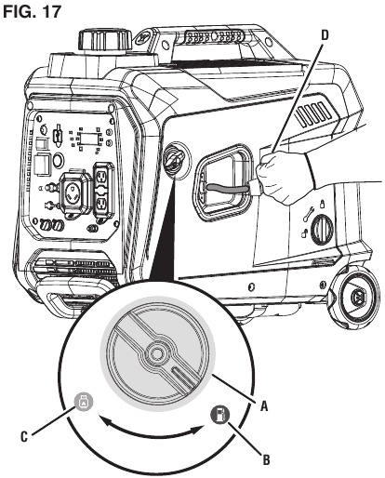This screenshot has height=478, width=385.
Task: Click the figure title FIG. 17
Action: tap(32, 11)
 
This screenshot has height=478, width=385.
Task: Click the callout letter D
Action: tap(324, 35)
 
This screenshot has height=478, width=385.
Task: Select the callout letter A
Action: tap(264, 405)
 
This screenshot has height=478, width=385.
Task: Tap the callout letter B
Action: tap(266, 459)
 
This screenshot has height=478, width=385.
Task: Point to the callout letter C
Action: tap(24, 437)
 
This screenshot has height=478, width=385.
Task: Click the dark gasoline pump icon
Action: tap(219, 414)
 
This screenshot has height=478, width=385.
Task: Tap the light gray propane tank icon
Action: tap(83, 403)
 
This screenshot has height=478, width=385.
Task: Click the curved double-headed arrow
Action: tap(152, 432)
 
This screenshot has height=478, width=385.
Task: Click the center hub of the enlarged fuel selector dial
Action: tap(156, 353)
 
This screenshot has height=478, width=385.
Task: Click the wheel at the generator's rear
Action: tap(354, 299)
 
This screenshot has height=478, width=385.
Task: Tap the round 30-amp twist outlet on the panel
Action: tap(75, 193)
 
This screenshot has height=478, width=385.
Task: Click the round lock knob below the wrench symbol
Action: tap(322, 230)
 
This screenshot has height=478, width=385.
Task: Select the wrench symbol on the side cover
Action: tap(308, 214)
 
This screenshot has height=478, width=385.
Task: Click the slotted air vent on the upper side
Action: tap(313, 114)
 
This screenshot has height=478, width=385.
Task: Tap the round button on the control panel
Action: tap(58, 161)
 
